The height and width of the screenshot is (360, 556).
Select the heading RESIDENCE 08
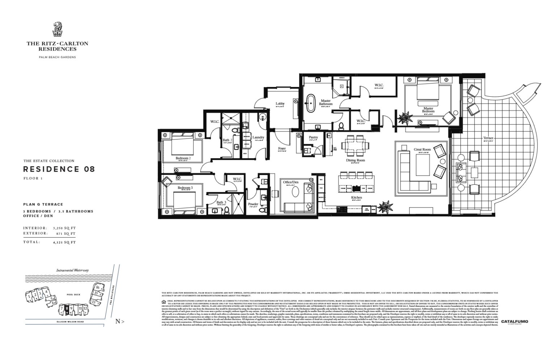coord(59,169)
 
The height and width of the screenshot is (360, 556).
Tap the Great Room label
coord(422,149)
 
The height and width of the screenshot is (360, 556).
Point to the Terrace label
coord(488,138)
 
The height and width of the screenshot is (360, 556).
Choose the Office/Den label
coord(291,182)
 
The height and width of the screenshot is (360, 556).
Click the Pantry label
coord(313,138)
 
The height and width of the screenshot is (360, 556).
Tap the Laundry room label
coord(258,137)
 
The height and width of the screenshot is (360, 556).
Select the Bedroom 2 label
coord(183,158)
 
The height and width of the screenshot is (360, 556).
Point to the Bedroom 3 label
coord(185,188)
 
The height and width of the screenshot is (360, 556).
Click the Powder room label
coord(253,204)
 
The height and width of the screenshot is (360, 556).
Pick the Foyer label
coord(282,148)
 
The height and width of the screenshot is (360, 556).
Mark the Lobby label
coord(280,104)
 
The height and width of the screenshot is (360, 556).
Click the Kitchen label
coord(356,197)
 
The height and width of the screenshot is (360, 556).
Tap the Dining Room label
coord(355,160)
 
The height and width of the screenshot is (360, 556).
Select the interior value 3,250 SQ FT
coord(64,228)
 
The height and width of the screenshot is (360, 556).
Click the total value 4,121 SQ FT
coord(64,242)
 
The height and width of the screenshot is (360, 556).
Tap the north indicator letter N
coord(118,321)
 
